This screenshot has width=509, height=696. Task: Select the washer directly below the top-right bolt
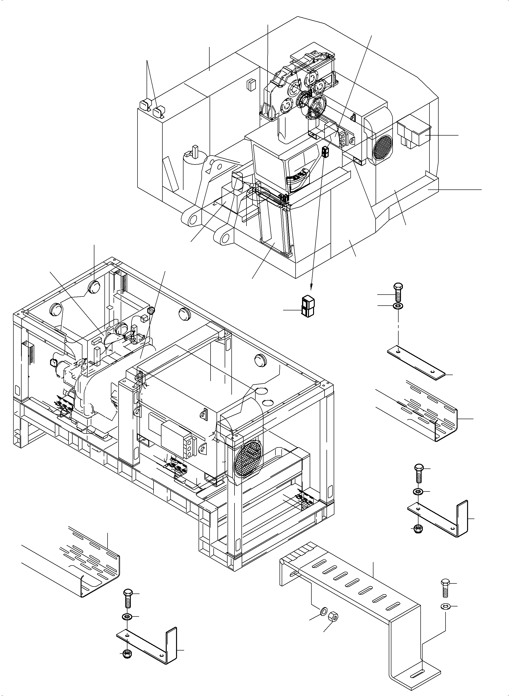[398, 306]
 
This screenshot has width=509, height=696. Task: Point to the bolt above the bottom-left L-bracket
[128, 598]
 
